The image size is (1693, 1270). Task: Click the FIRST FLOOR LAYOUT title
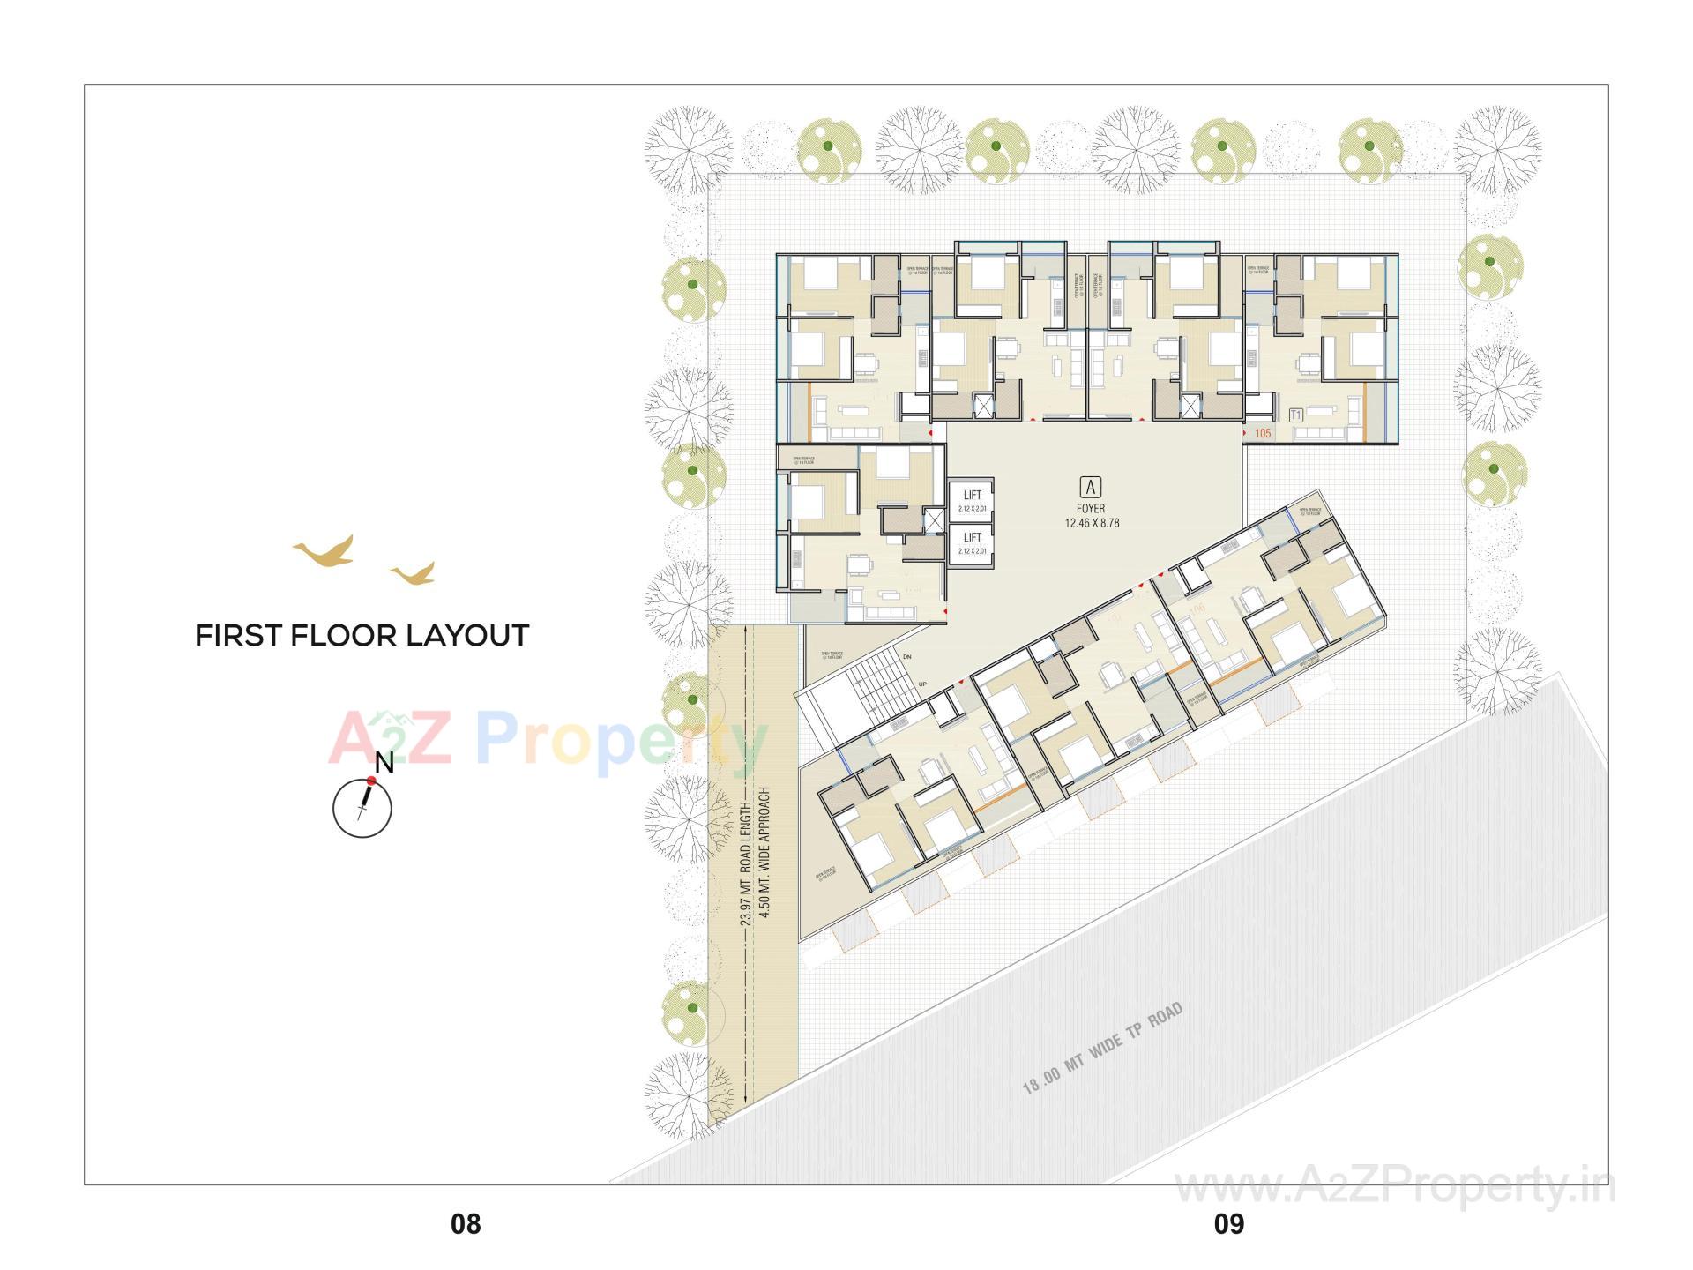coord(362,636)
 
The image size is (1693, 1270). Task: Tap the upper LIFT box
coord(972,501)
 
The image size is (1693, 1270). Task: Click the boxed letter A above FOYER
coord(1092,486)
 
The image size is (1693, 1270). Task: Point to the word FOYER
coord(1092,509)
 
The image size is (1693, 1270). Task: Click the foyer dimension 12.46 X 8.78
coord(1092,523)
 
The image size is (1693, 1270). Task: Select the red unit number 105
coord(1263,433)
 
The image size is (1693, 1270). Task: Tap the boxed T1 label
coord(1296,415)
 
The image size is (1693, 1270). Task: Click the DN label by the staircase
coord(907,657)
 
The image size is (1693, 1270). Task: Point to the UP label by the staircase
coord(922,684)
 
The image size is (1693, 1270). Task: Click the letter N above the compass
coord(384,763)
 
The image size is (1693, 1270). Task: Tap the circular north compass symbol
coord(362,808)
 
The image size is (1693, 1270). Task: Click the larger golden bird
coord(324,551)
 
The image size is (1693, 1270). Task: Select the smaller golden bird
coord(413,574)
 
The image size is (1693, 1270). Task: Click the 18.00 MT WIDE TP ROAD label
coord(1102,1049)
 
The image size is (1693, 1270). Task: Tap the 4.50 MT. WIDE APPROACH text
coord(765,854)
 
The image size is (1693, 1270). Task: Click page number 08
coord(466,1224)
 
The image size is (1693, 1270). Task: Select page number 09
coord(1229,1224)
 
